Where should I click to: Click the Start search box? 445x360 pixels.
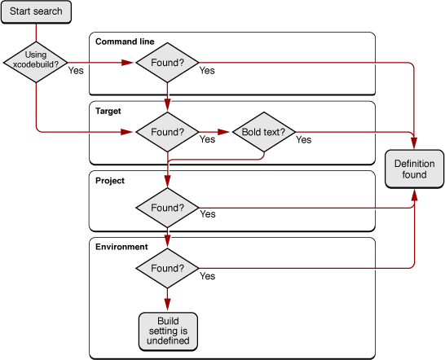pos(37,12)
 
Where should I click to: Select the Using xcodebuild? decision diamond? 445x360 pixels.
pos(36,62)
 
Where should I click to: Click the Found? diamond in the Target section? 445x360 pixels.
pos(167,130)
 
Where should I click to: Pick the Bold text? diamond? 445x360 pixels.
pos(263,130)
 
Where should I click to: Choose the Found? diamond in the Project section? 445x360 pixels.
pos(167,208)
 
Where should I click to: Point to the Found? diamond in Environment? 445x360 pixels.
pos(167,267)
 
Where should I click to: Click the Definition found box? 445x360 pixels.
pos(415,169)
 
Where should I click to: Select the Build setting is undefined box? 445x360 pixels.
pos(168,330)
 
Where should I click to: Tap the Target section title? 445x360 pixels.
pos(108,111)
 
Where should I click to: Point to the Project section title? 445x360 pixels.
pos(110,181)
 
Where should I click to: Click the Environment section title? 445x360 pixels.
pos(121,246)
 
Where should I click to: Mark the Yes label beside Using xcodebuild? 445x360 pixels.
pos(76,71)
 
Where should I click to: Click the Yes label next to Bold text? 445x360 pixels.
pos(303,140)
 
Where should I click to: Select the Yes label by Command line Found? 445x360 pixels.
pos(207,71)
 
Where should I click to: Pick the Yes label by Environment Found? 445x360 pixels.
pos(207,277)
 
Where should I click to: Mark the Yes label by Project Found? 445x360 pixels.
pos(207,214)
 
